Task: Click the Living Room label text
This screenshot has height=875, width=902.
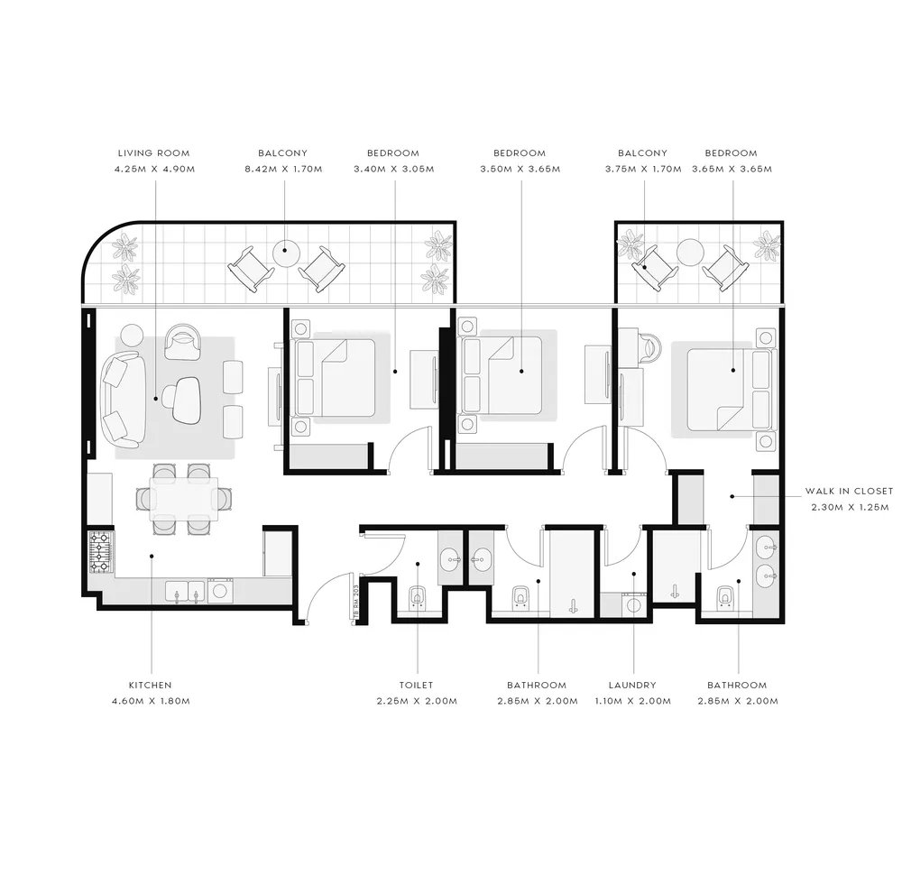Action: coord(153,153)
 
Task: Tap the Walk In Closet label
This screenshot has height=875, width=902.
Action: coord(849,492)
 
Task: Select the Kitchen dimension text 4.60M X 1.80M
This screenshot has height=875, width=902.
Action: coord(151,701)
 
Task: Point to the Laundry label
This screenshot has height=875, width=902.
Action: coord(632,686)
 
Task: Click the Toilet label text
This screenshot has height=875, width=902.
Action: coord(416,686)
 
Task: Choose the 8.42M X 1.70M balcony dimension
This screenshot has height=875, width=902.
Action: coord(283,169)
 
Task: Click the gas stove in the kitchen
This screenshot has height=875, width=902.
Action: coord(101,553)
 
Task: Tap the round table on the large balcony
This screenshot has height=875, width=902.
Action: coord(286,253)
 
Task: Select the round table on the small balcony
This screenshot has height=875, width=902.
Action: coord(690,253)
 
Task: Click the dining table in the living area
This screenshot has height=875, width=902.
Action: coord(184,498)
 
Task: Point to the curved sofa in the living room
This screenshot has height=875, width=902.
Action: coord(123,400)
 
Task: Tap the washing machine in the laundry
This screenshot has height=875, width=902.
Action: coord(633,605)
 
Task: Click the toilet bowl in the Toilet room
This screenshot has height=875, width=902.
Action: coord(418,598)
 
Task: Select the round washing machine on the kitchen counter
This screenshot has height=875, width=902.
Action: coord(220,590)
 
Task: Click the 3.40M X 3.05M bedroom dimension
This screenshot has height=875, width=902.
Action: coord(394,169)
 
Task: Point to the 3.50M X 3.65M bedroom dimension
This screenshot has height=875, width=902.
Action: coord(520,169)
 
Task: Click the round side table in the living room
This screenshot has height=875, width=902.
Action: coord(132,336)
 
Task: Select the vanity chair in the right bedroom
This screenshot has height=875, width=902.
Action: coord(649,348)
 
